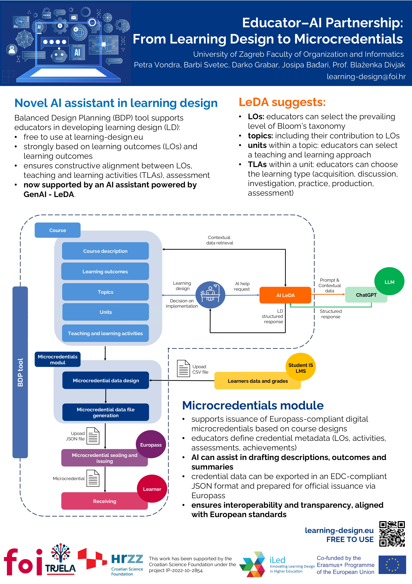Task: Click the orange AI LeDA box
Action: click(285, 295)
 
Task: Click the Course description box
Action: click(105, 251)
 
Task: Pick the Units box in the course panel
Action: click(105, 312)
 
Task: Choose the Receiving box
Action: click(104, 501)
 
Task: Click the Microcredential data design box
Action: click(106, 381)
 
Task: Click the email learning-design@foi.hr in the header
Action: click(366, 77)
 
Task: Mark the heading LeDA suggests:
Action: click(282, 102)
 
